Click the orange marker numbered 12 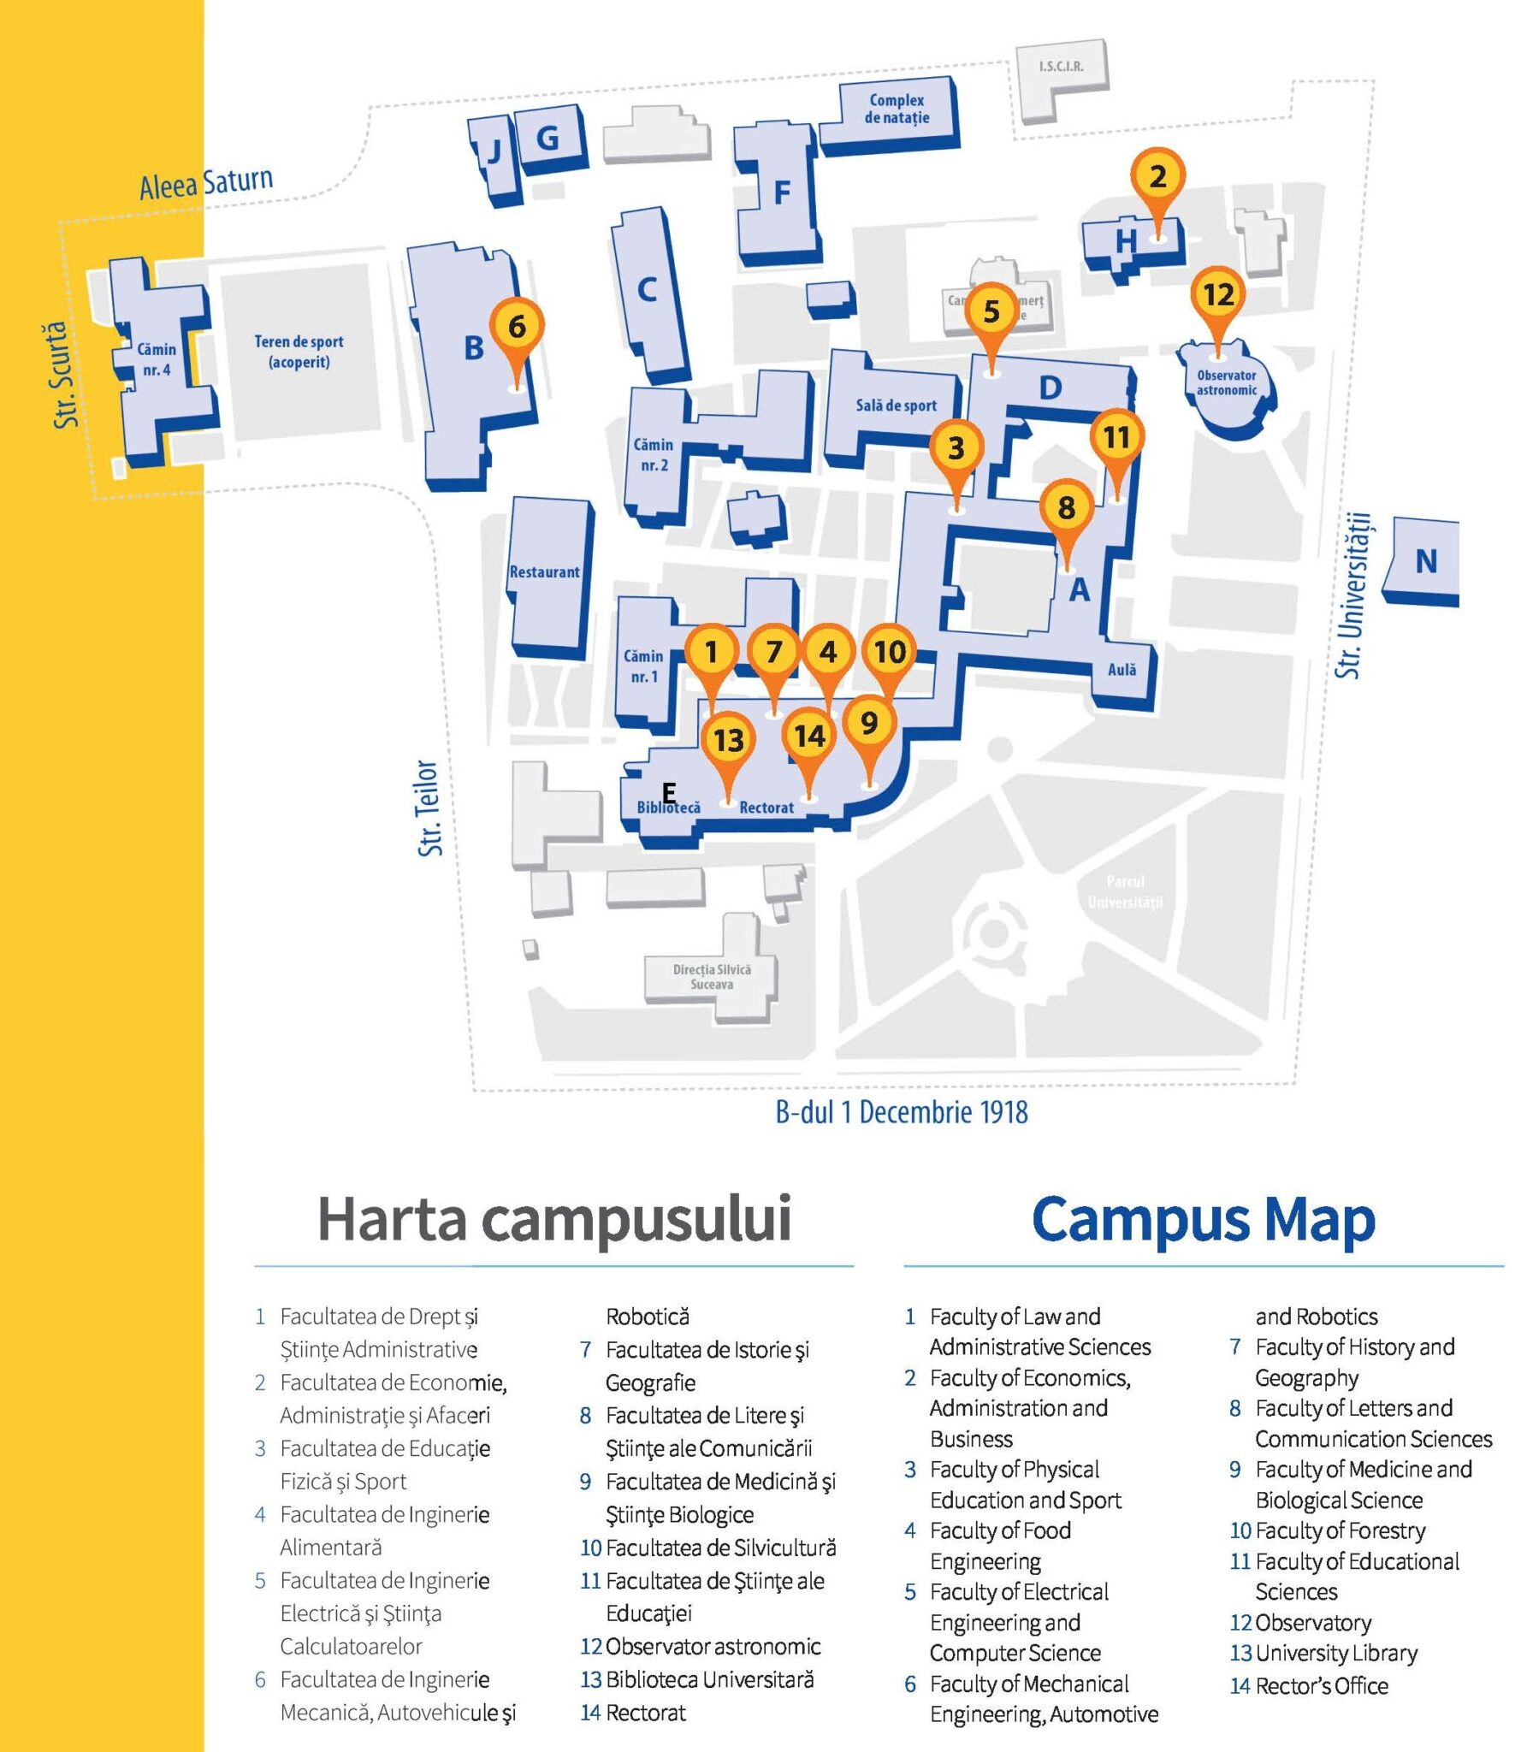pyautogui.click(x=1217, y=295)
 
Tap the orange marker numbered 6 pyautogui.click(x=517, y=326)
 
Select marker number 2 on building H pyautogui.click(x=1157, y=177)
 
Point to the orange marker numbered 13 pyautogui.click(x=728, y=740)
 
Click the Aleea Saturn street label pyautogui.click(x=206, y=183)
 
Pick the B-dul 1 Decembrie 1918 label pyautogui.click(x=902, y=1112)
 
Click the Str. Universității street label pyautogui.click(x=1352, y=595)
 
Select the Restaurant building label pyautogui.click(x=544, y=572)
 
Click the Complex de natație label pyautogui.click(x=896, y=109)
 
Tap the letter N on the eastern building pyautogui.click(x=1425, y=561)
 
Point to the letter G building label pyautogui.click(x=547, y=138)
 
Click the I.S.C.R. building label pyautogui.click(x=1061, y=67)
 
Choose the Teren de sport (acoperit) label pyautogui.click(x=299, y=352)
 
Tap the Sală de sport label pyautogui.click(x=896, y=405)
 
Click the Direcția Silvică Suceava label pyautogui.click(x=712, y=977)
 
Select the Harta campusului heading pyautogui.click(x=554, y=1218)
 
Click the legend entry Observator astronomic pyautogui.click(x=712, y=1647)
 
